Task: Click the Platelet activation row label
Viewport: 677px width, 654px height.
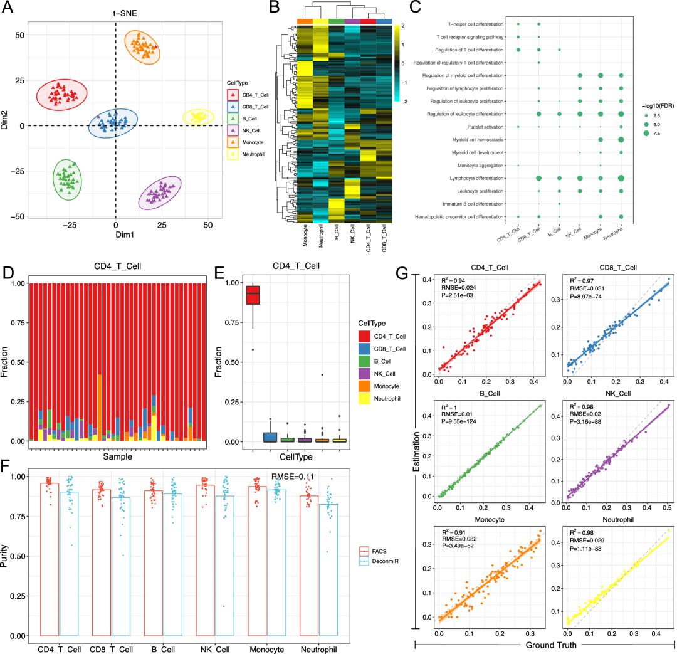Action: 482,127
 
